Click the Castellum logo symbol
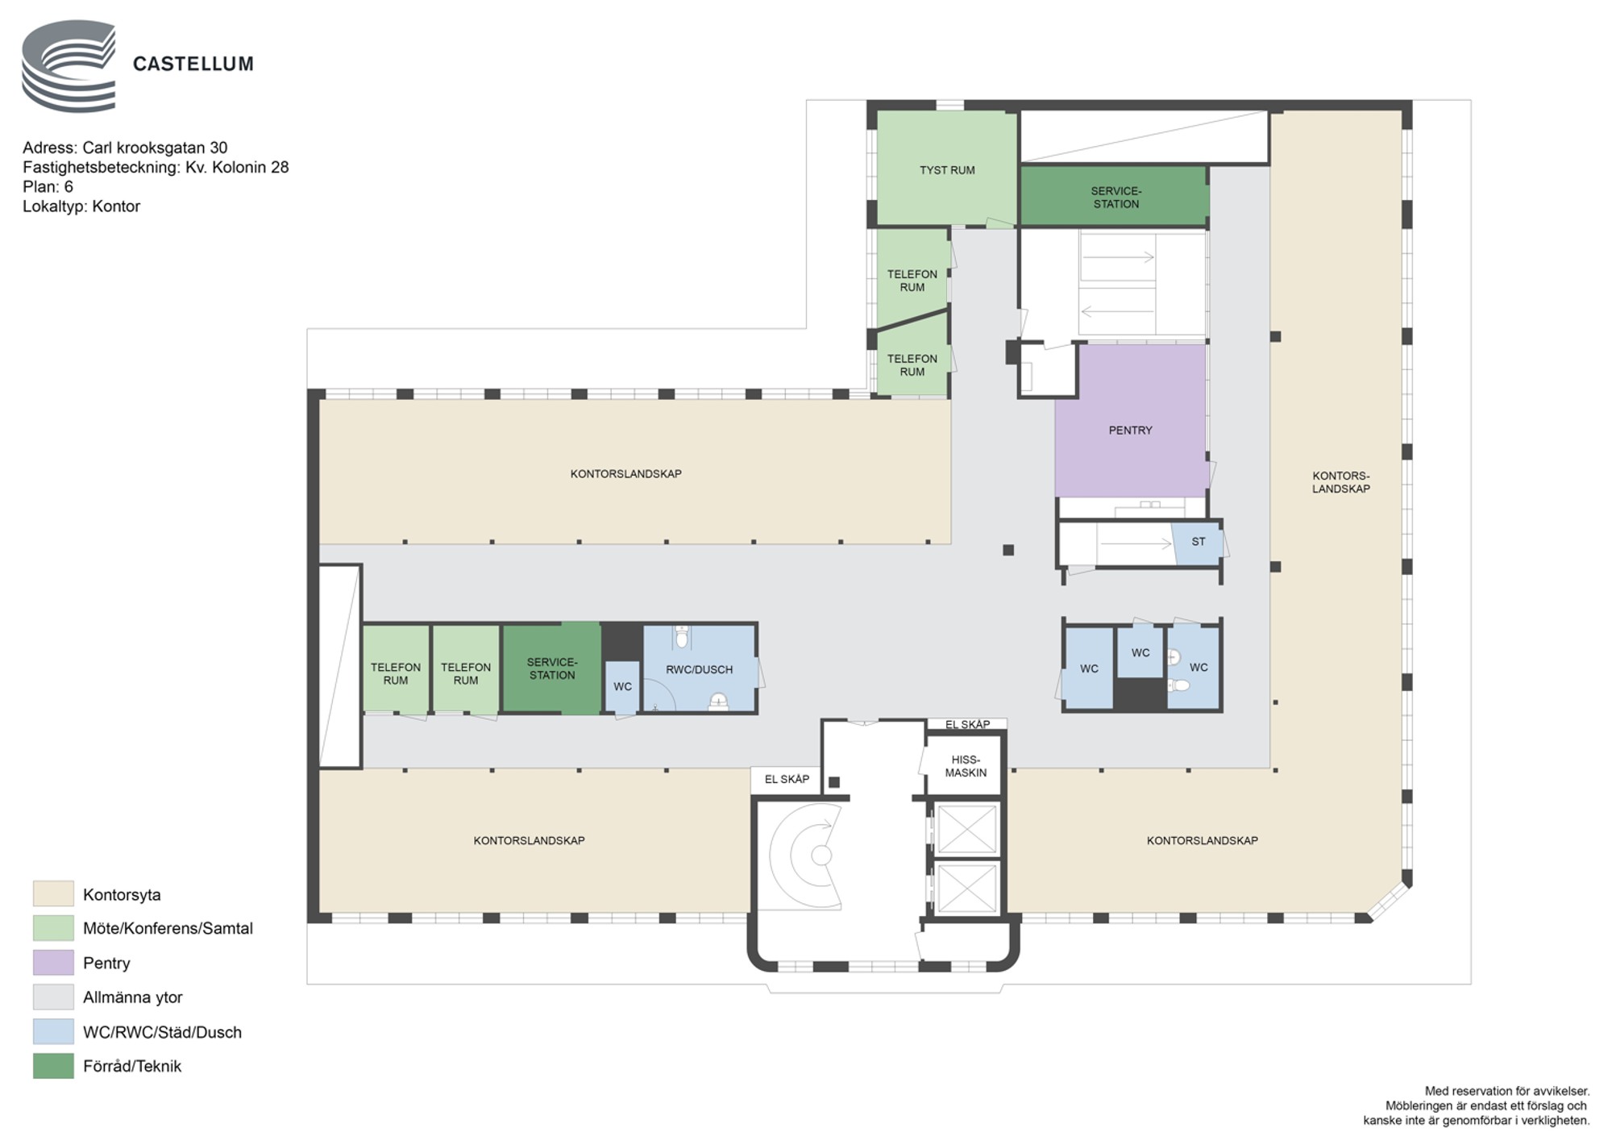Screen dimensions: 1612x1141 (69, 66)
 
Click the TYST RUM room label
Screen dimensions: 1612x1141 (947, 170)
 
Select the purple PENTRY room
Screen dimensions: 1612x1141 (1131, 420)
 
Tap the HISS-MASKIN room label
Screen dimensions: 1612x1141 (966, 766)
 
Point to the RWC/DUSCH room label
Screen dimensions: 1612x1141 (699, 669)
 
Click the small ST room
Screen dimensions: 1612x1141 (1198, 543)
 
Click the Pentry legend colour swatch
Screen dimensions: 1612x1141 (53, 963)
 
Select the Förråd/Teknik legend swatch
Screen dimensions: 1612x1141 (53, 1066)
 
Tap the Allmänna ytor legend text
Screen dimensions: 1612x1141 (133, 997)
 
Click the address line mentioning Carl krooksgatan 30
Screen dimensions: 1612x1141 (125, 148)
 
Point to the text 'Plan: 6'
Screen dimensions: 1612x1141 (48, 186)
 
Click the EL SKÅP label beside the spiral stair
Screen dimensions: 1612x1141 (787, 779)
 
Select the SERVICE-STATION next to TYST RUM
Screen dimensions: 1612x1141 (1115, 196)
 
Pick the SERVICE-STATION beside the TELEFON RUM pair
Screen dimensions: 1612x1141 (552, 668)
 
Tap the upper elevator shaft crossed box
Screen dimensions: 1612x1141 (966, 829)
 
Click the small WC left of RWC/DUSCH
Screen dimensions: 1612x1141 (622, 686)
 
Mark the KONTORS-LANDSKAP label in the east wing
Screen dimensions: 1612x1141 (1340, 482)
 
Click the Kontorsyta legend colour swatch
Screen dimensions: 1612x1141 (53, 894)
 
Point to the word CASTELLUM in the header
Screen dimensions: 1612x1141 (193, 64)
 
